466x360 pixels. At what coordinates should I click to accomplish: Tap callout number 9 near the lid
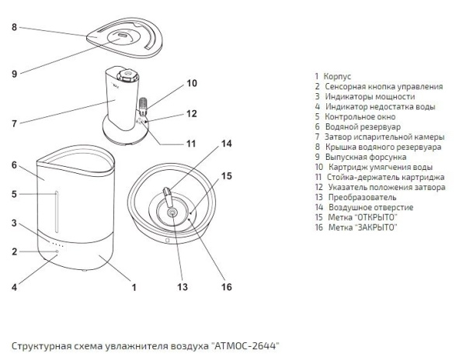click(14, 74)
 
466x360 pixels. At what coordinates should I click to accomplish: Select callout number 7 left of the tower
click(14, 122)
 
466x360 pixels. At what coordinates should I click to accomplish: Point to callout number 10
click(192, 83)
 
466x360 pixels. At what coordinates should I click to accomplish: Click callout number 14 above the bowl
click(227, 144)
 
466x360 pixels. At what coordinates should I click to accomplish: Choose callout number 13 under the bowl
click(183, 286)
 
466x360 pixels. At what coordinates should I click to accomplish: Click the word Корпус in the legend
click(339, 76)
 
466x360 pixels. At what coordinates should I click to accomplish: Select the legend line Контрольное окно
click(356, 116)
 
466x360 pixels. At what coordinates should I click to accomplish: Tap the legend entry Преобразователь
click(362, 197)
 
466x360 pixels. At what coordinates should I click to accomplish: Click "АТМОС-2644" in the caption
click(245, 343)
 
